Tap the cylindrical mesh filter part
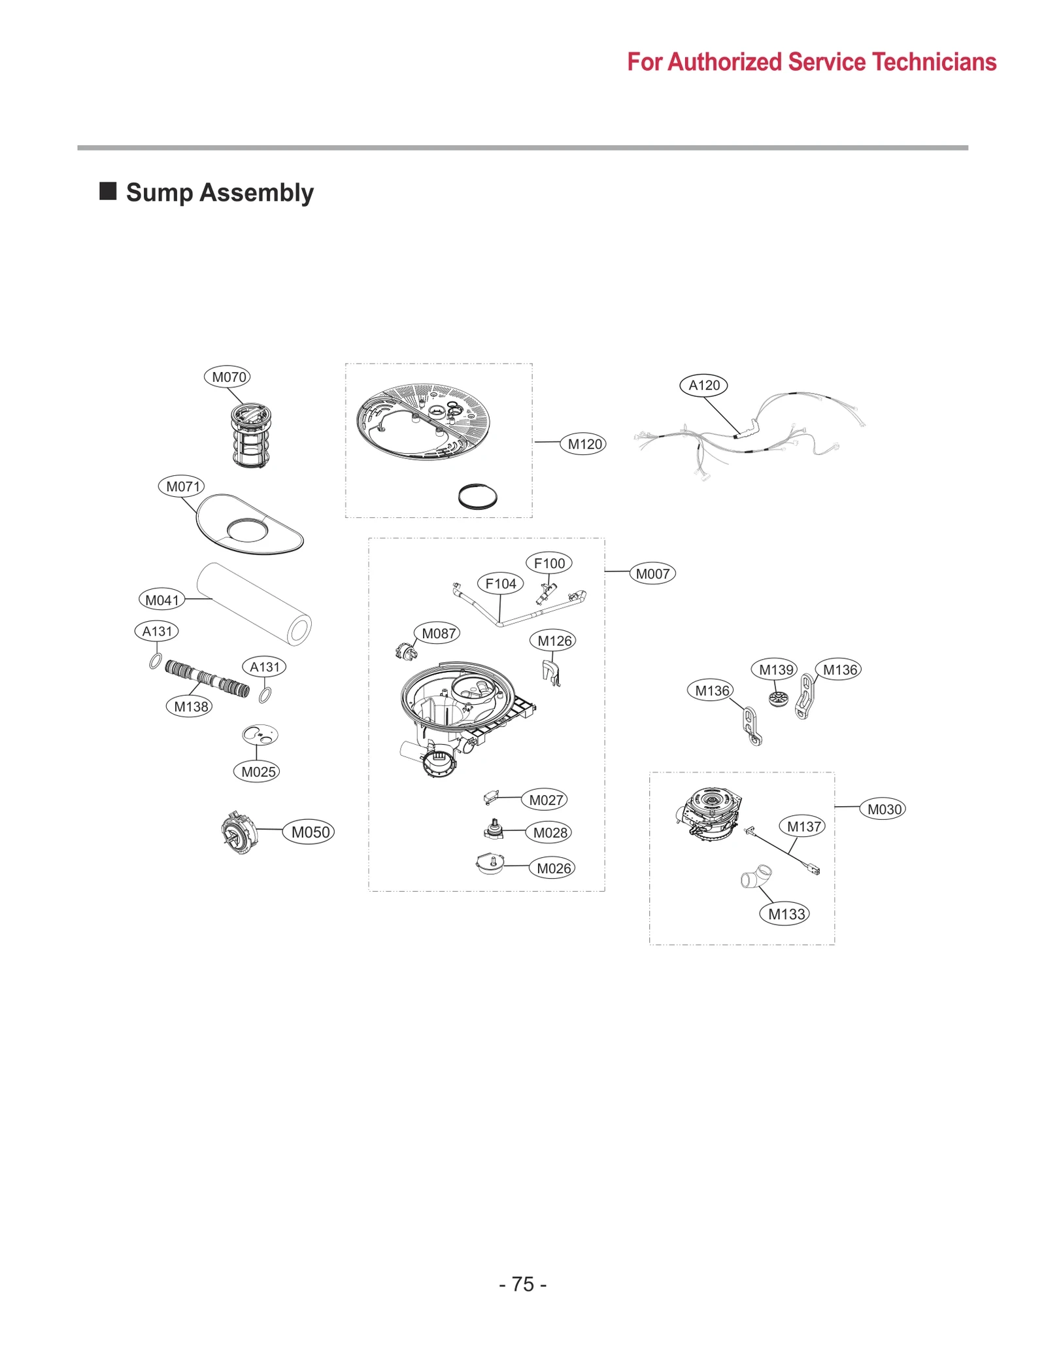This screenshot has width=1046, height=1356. click(x=250, y=435)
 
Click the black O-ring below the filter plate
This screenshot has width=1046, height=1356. click(x=477, y=496)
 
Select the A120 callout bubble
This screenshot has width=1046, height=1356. click(x=703, y=385)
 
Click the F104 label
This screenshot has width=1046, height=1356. click(x=500, y=583)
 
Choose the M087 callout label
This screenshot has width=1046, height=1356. click(x=437, y=633)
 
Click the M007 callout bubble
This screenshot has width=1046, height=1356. click(x=652, y=573)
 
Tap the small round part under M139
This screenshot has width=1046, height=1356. click(x=778, y=698)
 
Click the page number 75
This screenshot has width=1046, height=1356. click(x=522, y=1284)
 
